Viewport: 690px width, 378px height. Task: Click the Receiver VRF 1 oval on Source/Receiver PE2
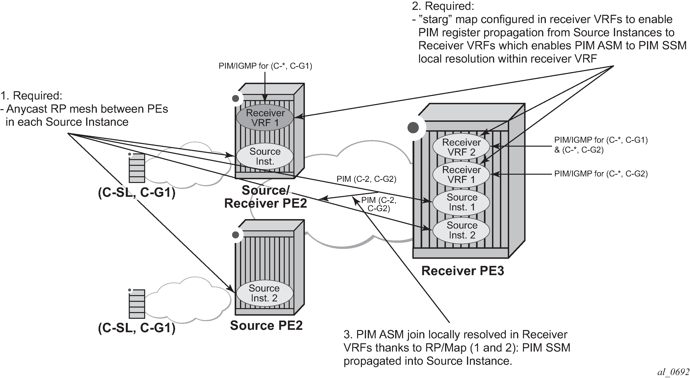pyautogui.click(x=265, y=118)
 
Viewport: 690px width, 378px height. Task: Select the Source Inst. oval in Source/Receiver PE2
pyautogui.click(x=265, y=156)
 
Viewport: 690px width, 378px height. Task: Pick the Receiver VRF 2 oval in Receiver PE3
pyautogui.click(x=461, y=147)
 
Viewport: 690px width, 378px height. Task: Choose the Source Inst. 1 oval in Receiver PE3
pyautogui.click(x=462, y=202)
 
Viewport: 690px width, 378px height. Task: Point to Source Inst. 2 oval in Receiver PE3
pyautogui.click(x=462, y=230)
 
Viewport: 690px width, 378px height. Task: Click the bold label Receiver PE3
pyautogui.click(x=463, y=271)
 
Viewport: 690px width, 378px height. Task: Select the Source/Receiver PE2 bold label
pyautogui.click(x=265, y=197)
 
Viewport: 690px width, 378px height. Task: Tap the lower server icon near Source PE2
pyautogui.click(x=137, y=304)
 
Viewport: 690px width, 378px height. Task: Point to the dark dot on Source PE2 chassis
pyautogui.click(x=235, y=235)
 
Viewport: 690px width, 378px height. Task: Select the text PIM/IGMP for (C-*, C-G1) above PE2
pyautogui.click(x=265, y=66)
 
